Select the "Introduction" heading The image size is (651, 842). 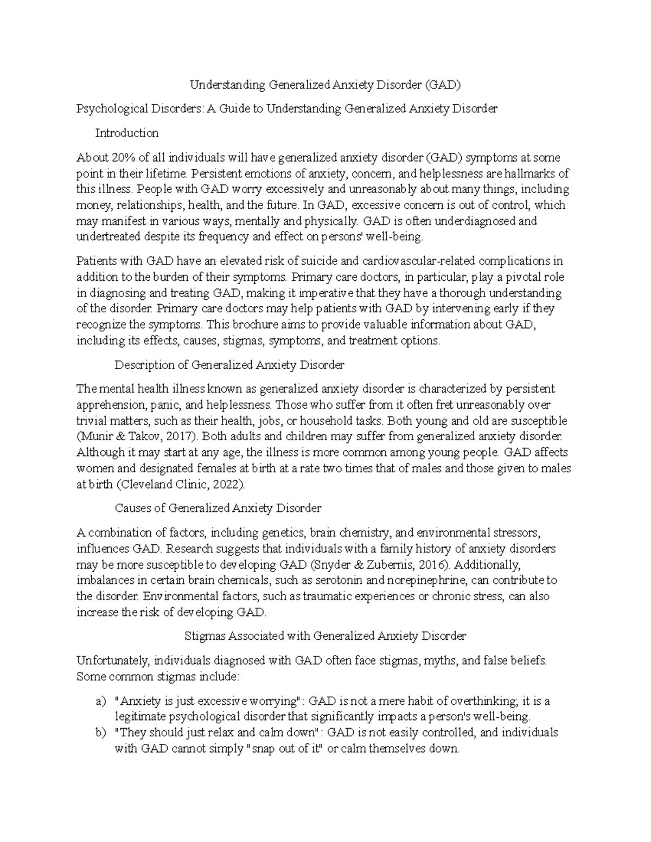pyautogui.click(x=127, y=133)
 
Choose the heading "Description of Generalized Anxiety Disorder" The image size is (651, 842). pyautogui.click(x=229, y=365)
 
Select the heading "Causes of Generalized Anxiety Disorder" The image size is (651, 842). pyautogui.click(x=218, y=509)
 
